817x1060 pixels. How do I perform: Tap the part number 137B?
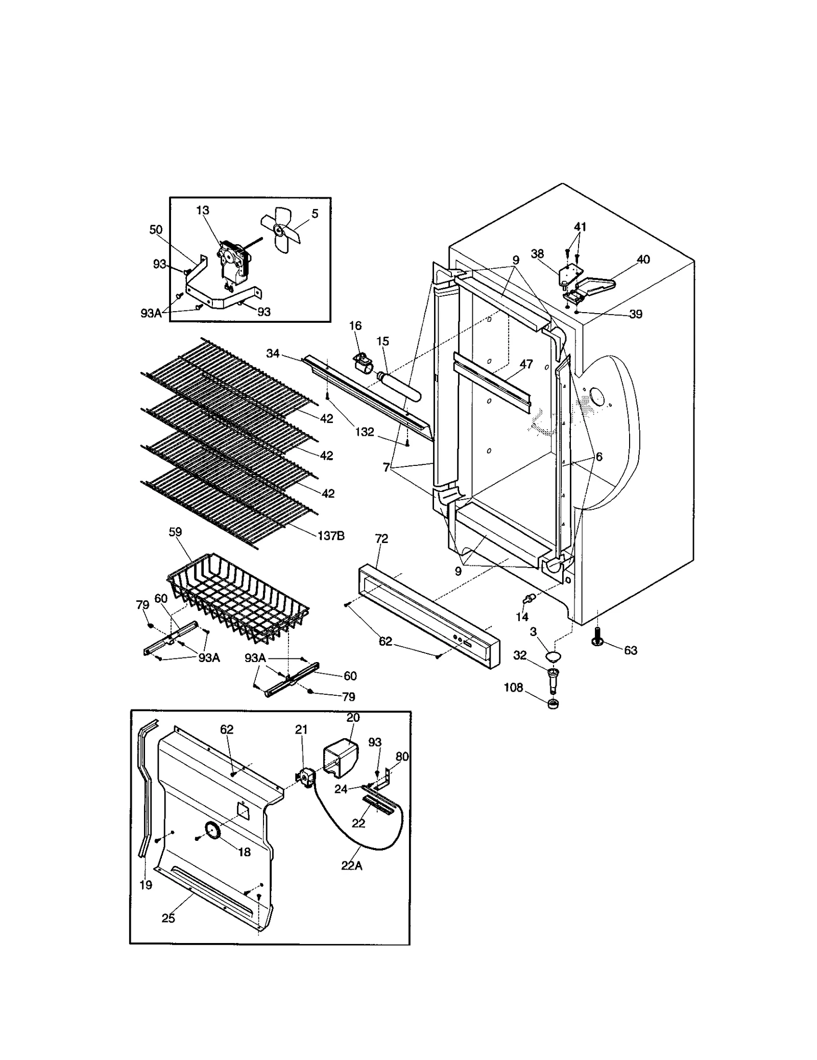pyautogui.click(x=331, y=535)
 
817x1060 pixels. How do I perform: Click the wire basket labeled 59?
pyautogui.click(x=237, y=598)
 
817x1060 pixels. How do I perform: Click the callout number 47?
pyautogui.click(x=526, y=364)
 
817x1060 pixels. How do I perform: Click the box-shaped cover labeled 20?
pyautogui.click(x=340, y=757)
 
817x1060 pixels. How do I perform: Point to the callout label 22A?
pyautogui.click(x=351, y=865)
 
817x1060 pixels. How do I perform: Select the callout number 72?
pyautogui.click(x=381, y=538)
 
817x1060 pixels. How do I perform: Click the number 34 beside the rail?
pyautogui.click(x=273, y=353)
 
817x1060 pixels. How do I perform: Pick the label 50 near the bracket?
pyautogui.click(x=156, y=230)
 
